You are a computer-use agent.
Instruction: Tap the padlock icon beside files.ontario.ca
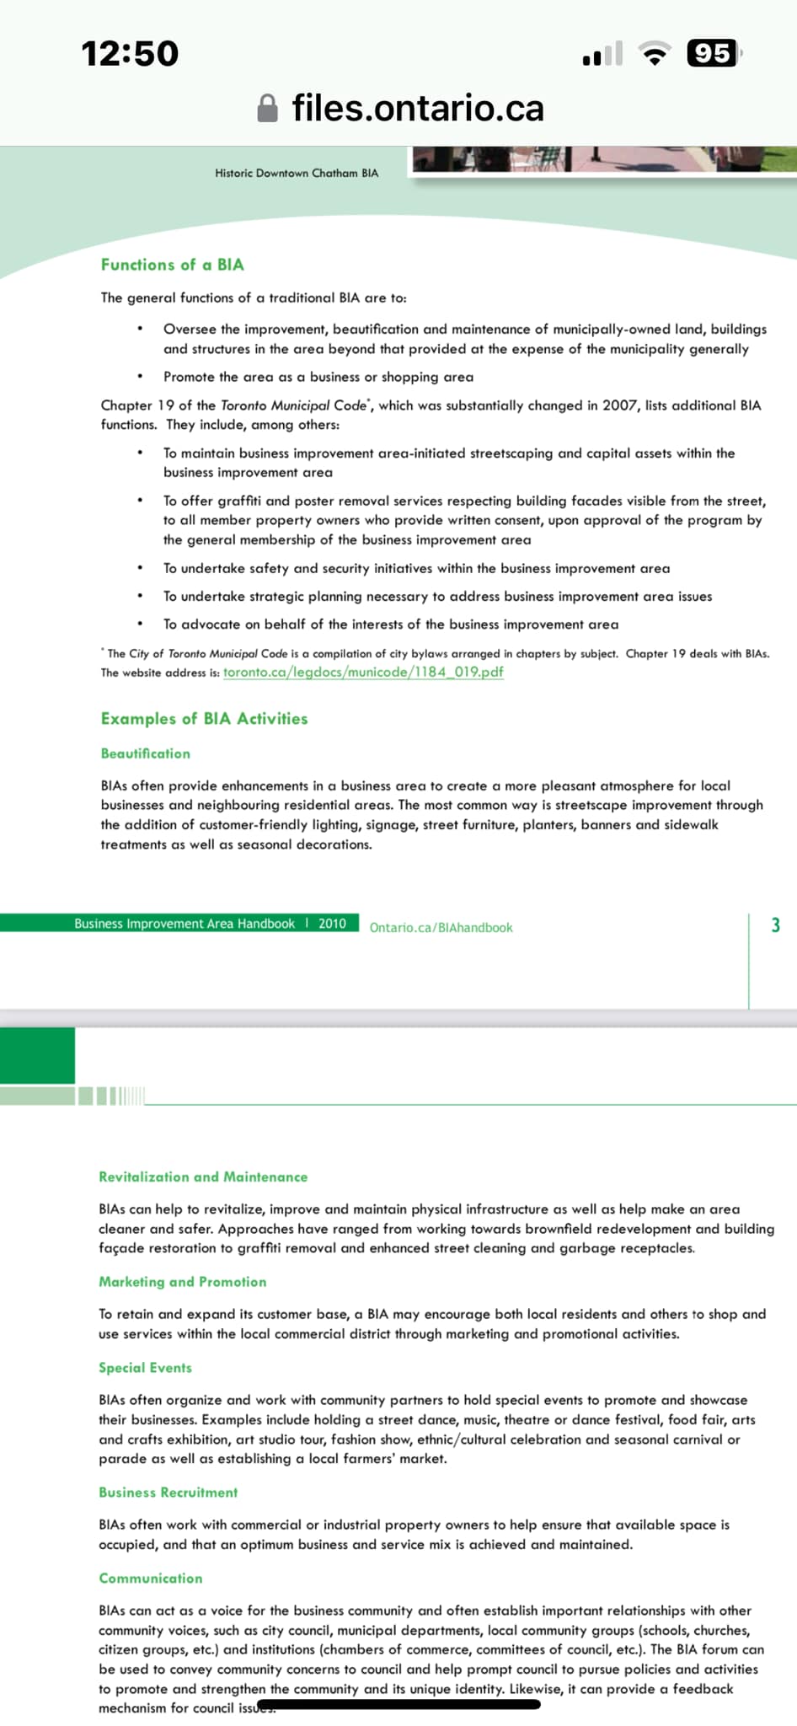click(267, 108)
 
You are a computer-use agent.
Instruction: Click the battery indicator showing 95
click(713, 54)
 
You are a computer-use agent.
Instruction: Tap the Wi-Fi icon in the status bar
click(655, 54)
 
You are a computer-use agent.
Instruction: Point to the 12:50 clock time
click(130, 54)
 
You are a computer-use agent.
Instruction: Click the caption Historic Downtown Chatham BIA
click(297, 173)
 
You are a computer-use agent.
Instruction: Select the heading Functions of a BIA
click(172, 265)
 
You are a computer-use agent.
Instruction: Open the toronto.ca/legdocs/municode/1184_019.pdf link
click(363, 672)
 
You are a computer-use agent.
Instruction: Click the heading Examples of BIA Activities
click(204, 719)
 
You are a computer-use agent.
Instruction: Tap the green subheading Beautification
click(145, 753)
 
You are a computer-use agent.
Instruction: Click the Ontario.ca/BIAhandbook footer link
click(441, 927)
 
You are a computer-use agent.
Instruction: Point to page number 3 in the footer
click(775, 925)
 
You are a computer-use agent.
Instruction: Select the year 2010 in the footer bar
click(332, 924)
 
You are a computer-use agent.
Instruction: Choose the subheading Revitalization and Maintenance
click(202, 1177)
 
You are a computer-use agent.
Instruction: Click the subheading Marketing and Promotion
click(182, 1282)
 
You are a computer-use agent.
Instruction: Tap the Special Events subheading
click(145, 1368)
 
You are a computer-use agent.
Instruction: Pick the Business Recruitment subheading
click(168, 1493)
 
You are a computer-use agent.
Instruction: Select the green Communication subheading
click(150, 1579)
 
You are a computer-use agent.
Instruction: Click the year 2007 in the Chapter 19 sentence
click(619, 405)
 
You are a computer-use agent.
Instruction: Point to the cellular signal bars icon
click(602, 54)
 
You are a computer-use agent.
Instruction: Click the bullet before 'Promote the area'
click(140, 377)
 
